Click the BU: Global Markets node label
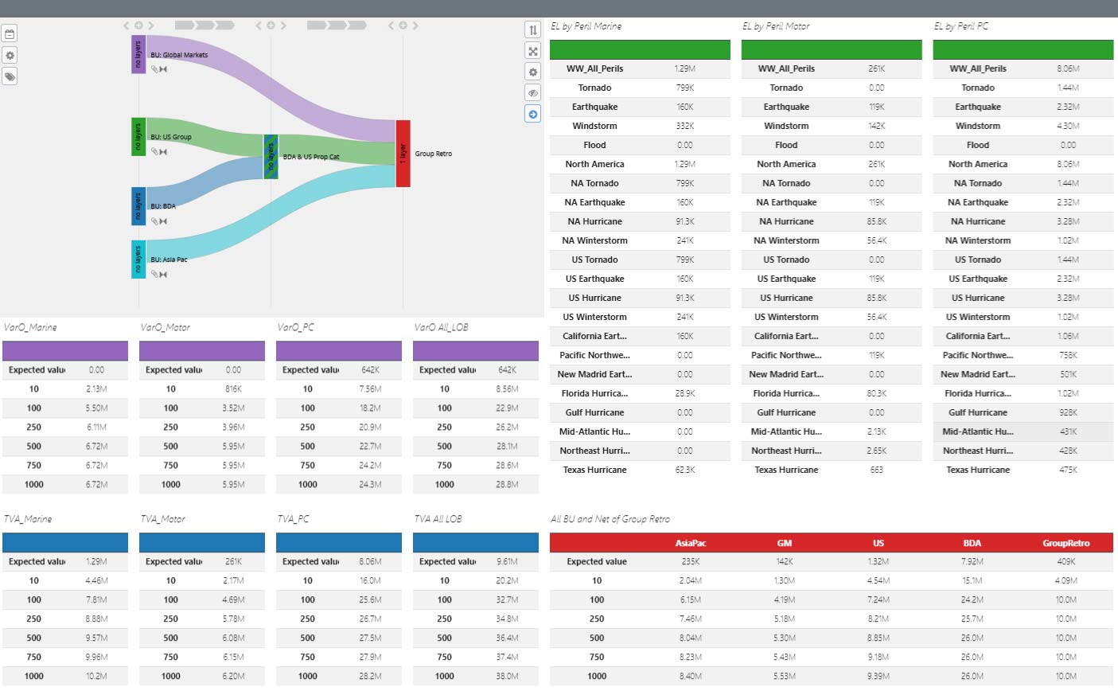click(x=179, y=55)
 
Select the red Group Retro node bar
click(x=403, y=154)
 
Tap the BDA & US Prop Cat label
click(x=311, y=157)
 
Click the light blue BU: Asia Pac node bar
click(x=138, y=259)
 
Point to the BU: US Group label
click(x=171, y=137)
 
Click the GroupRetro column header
click(x=1065, y=543)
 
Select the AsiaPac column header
click(x=690, y=543)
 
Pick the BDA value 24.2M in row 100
click(x=972, y=599)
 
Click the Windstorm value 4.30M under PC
click(x=1068, y=126)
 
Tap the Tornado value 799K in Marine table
click(x=684, y=88)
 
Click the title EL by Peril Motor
click(x=775, y=26)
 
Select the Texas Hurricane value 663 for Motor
click(x=876, y=470)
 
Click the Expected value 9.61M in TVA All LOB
click(x=507, y=561)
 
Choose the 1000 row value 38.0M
click(x=507, y=676)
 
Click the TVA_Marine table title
click(x=28, y=519)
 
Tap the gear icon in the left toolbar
click(x=10, y=55)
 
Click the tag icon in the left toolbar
click(x=10, y=76)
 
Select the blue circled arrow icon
click(x=533, y=114)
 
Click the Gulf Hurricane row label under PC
click(x=977, y=412)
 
